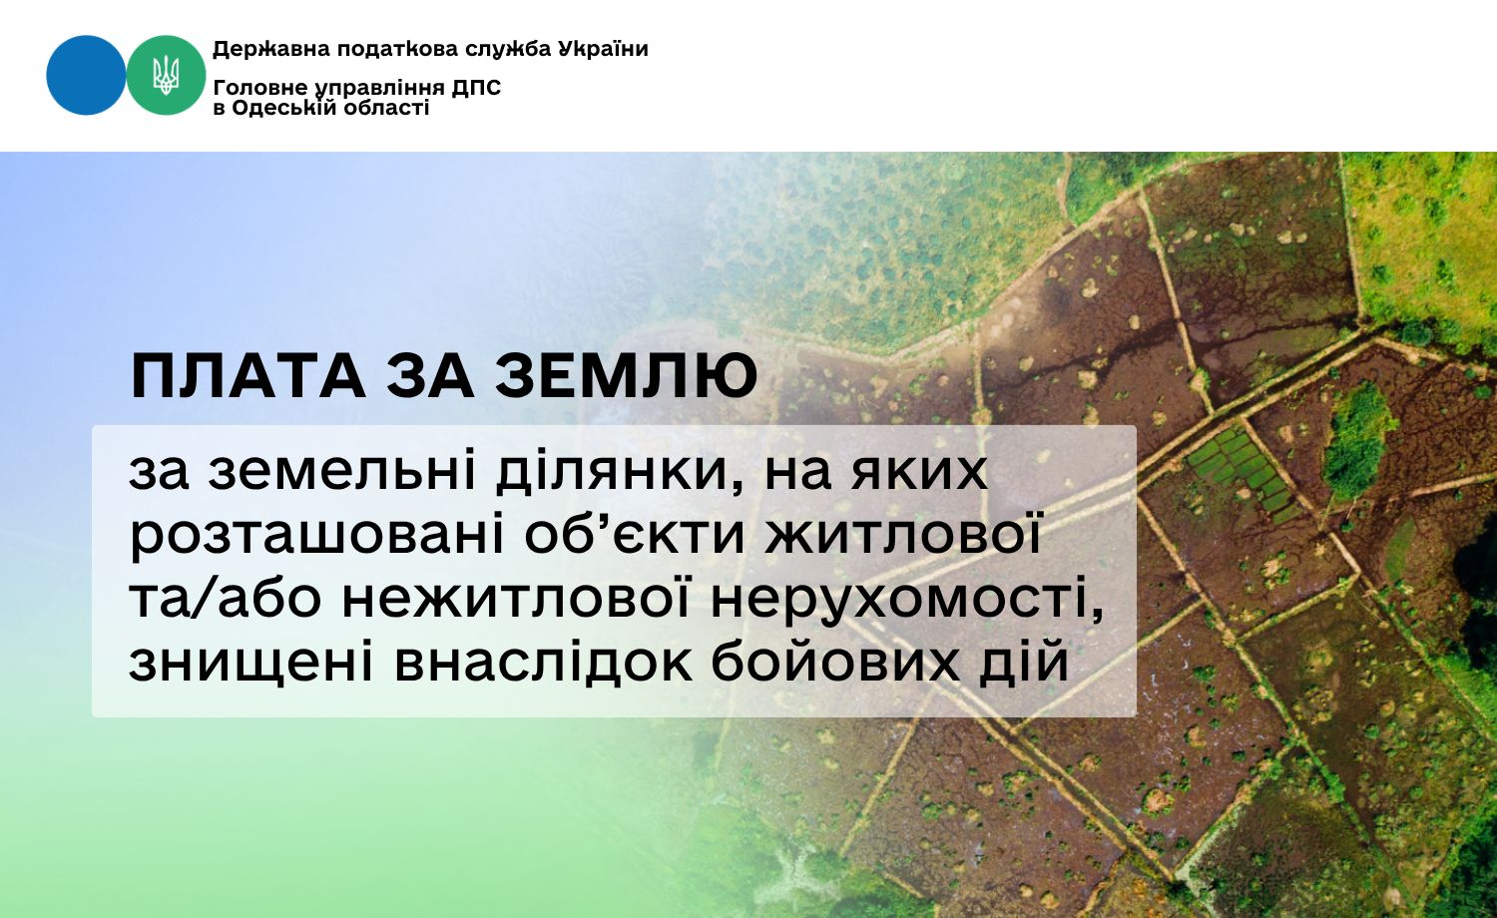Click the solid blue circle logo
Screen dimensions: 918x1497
(x=86, y=75)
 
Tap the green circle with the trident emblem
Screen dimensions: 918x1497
(x=166, y=75)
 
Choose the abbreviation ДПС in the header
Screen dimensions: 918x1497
(x=476, y=88)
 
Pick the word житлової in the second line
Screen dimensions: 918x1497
(x=904, y=536)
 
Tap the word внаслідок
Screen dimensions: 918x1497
(x=544, y=663)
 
